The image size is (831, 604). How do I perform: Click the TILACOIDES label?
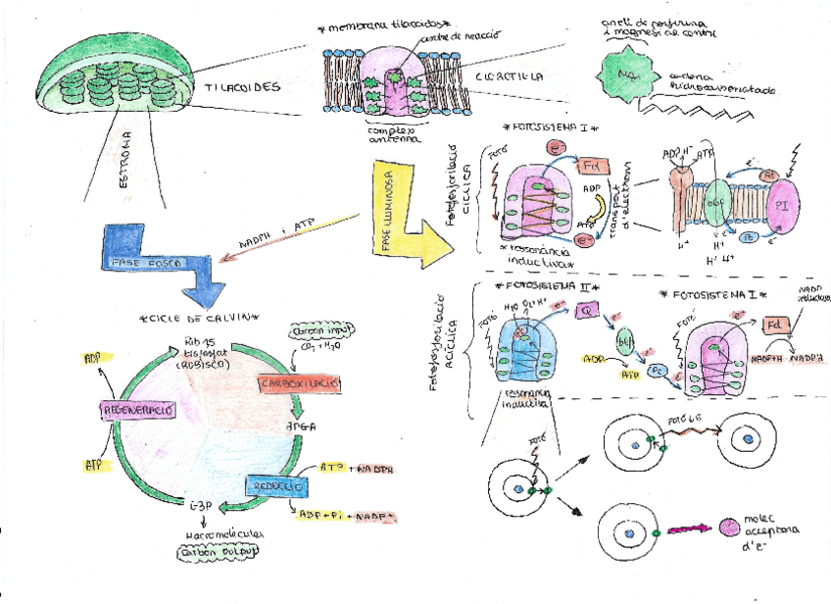point(244,87)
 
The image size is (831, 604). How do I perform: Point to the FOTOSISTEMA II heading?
point(538,286)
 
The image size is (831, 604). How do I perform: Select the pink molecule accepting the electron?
point(729,528)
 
